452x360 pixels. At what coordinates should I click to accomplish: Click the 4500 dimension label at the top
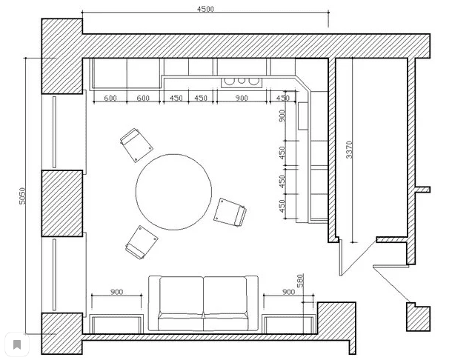tap(205, 9)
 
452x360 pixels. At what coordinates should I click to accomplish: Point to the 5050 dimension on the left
tap(22, 195)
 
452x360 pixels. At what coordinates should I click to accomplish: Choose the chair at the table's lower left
tap(141, 241)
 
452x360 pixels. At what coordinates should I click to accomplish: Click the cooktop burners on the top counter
tap(242, 81)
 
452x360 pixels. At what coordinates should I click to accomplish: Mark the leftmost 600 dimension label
tap(111, 99)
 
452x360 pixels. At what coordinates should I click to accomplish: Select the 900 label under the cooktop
tap(242, 99)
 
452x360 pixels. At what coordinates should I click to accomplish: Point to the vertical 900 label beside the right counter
tap(282, 117)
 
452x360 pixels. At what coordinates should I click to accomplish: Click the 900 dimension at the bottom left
tap(116, 292)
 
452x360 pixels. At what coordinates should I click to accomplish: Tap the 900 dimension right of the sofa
tap(289, 292)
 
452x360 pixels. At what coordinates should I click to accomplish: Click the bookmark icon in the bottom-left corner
tap(16, 344)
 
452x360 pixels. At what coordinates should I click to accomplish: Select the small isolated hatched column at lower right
tap(417, 316)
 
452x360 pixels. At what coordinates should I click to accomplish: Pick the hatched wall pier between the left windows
tap(62, 204)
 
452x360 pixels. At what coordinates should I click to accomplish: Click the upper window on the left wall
tap(56, 132)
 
